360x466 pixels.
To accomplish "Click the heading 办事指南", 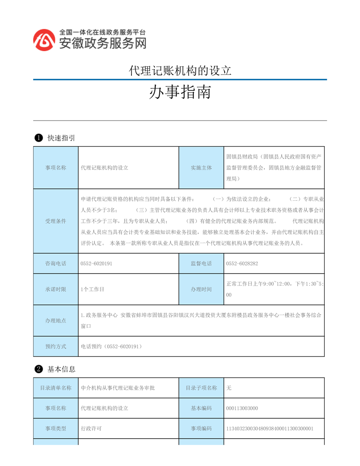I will click(180, 93).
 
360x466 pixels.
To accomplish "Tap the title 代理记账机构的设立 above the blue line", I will click(180, 71).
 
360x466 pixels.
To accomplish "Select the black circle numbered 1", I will click(38, 138).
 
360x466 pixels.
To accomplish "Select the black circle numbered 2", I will click(38, 369).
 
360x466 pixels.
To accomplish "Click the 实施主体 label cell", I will click(201, 168).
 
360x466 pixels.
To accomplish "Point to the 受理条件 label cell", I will click(56, 221).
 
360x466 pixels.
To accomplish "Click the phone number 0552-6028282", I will click(242, 263).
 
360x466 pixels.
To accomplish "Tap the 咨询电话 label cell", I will click(56, 263).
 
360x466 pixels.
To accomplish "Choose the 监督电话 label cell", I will click(201, 263).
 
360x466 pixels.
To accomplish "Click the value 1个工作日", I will click(93, 289).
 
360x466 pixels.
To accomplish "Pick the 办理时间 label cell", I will click(201, 289).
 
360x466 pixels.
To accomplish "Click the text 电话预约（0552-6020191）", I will click(111, 346).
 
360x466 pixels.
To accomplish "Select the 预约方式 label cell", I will click(56, 346).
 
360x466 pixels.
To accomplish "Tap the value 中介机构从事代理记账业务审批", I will click(118, 388).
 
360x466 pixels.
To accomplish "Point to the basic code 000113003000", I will click(242, 408).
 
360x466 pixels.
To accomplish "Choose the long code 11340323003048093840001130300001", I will click(269, 428).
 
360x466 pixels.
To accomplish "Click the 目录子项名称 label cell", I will click(201, 388).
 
